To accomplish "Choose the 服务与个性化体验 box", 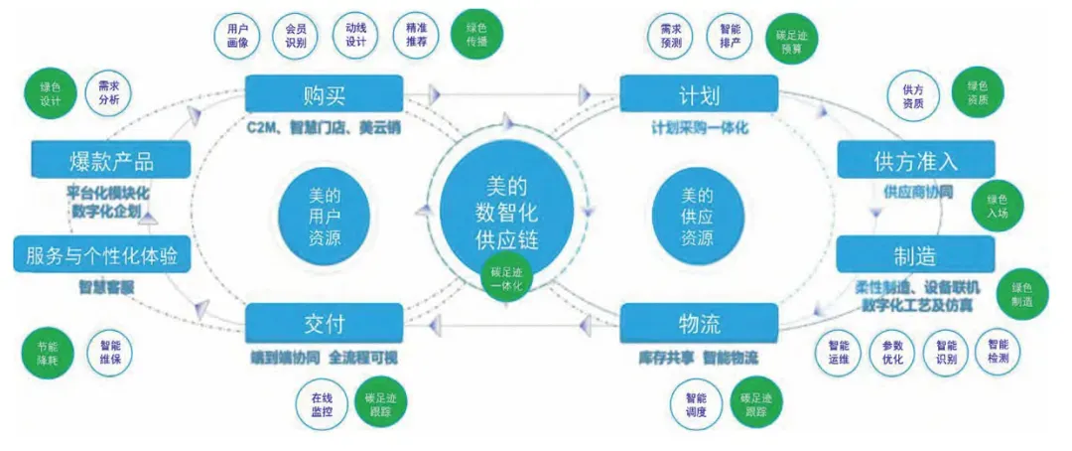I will pos(96,255).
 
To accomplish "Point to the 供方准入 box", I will pos(915,159).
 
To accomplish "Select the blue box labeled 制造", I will pos(914,255).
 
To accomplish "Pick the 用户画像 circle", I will pos(237,37).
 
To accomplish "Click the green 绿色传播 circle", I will pos(475,37).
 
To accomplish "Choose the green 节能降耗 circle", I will pos(46,353).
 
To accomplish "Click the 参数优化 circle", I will pos(891,353).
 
